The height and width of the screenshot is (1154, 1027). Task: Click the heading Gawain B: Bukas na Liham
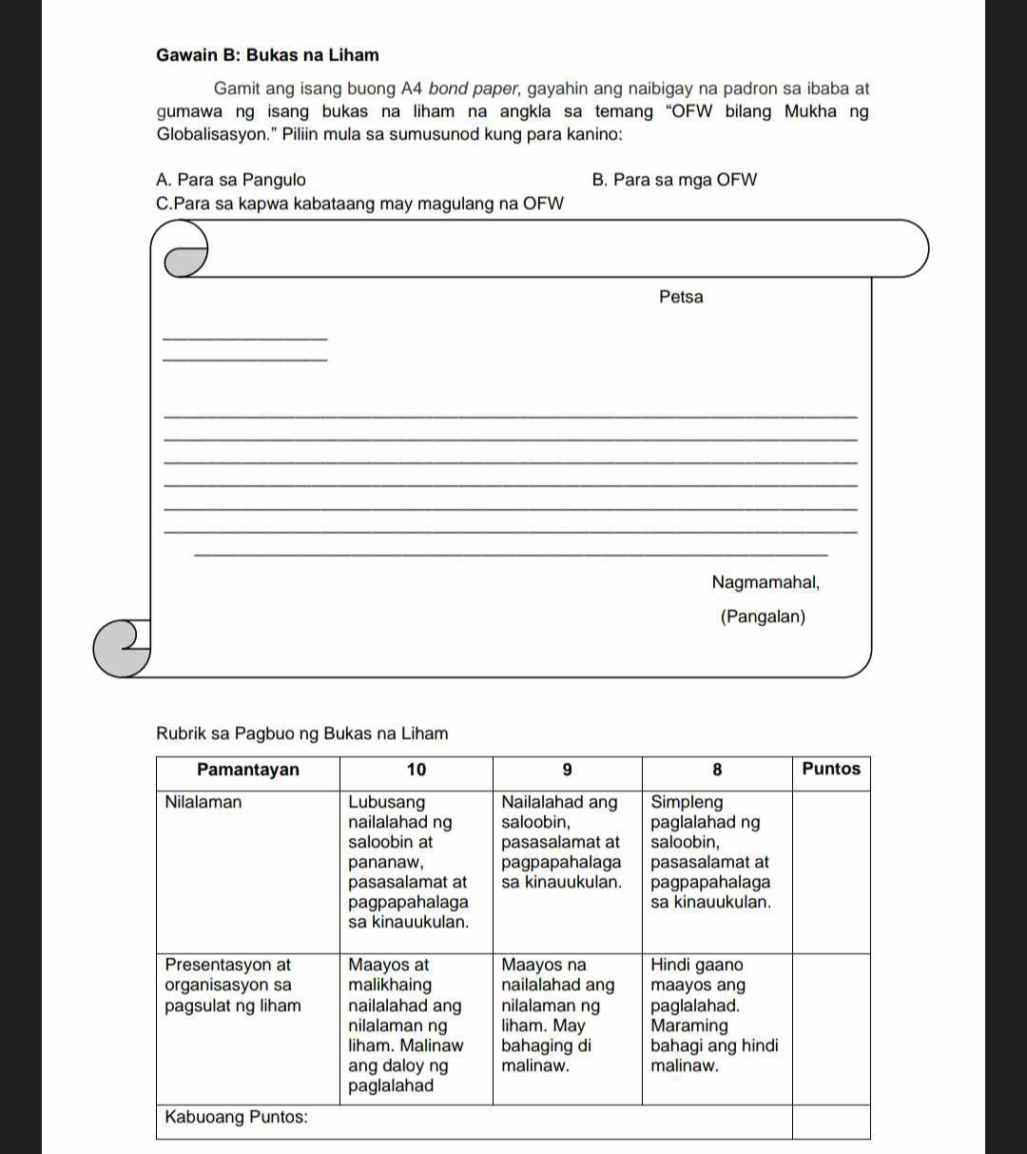click(x=267, y=55)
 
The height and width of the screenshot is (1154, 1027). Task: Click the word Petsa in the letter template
click(x=681, y=297)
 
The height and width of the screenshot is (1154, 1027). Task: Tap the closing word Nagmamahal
click(x=765, y=581)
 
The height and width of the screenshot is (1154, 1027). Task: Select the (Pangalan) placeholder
click(x=763, y=617)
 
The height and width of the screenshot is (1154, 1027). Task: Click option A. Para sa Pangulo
click(x=231, y=180)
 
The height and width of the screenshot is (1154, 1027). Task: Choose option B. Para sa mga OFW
click(x=674, y=180)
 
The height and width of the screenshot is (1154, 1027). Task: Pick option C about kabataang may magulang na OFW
click(x=360, y=204)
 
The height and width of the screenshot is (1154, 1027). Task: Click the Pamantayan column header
click(x=247, y=770)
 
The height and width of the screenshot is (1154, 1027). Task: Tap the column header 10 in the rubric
click(x=417, y=770)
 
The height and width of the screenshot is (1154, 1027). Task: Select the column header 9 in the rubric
click(x=567, y=770)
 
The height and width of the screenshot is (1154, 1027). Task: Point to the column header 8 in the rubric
click(x=717, y=770)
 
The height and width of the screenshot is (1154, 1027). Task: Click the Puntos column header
click(x=831, y=769)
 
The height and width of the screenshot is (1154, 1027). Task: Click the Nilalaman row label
click(x=203, y=802)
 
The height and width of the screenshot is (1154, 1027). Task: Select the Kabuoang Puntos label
click(x=237, y=1117)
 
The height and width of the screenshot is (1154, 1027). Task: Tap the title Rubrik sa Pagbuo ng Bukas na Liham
click(x=301, y=733)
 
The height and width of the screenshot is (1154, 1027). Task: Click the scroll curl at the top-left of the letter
click(x=185, y=253)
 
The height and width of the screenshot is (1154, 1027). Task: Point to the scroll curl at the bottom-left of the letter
click(x=124, y=648)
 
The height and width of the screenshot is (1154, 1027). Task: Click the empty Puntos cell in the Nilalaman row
click(x=831, y=870)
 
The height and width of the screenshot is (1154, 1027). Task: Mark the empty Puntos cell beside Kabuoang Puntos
click(x=831, y=1121)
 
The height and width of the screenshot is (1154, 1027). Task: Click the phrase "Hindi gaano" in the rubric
click(x=697, y=966)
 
